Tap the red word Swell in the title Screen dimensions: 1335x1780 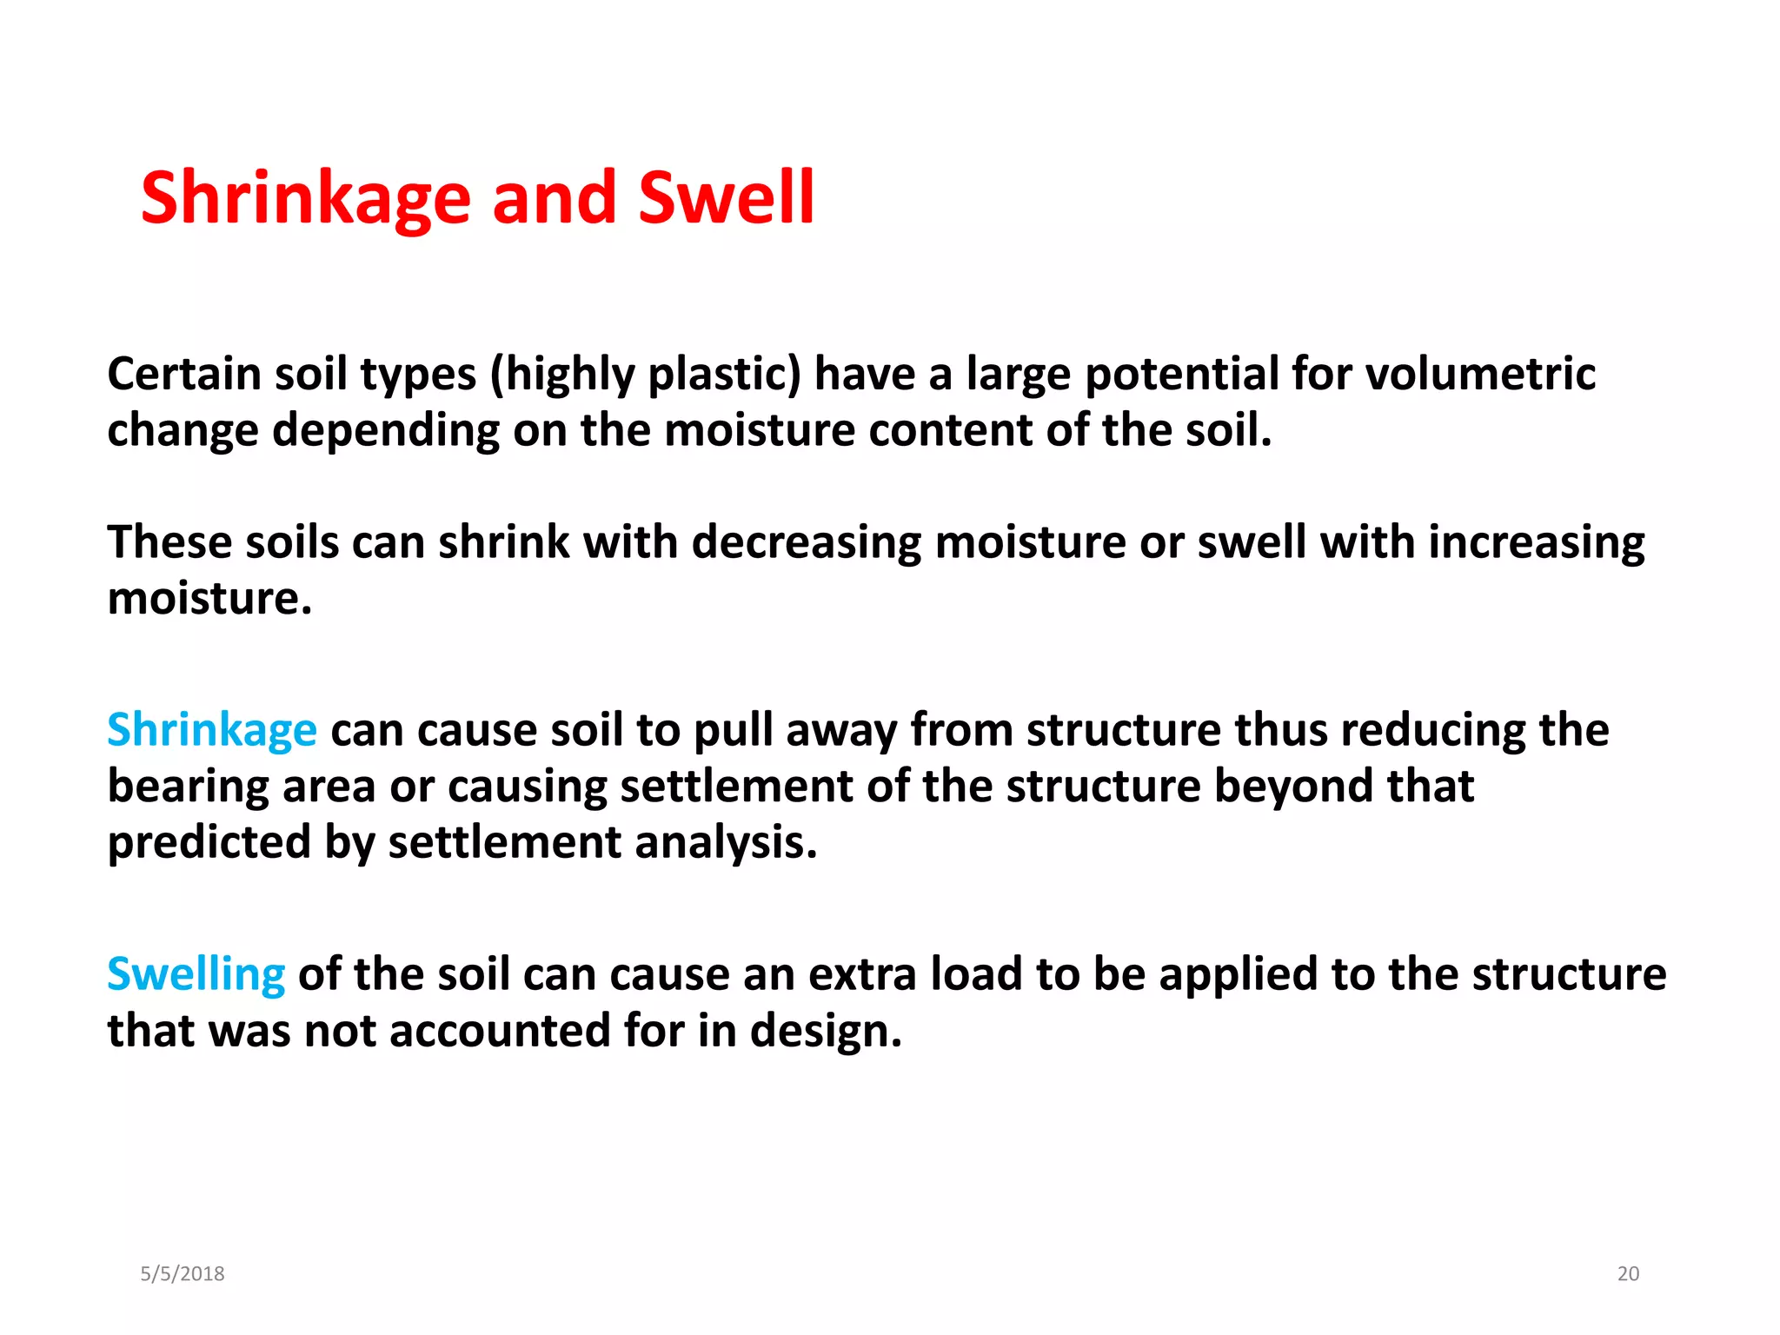[727, 198]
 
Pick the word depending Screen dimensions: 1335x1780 [386, 430]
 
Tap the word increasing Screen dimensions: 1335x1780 [1536, 542]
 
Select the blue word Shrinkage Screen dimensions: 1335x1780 [212, 730]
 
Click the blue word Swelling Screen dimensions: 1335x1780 [196, 974]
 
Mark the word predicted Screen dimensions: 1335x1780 [209, 843]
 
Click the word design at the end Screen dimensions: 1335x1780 [826, 1031]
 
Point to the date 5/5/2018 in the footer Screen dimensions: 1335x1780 [183, 1274]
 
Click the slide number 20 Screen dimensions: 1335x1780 [1628, 1274]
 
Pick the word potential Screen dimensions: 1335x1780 [1182, 374]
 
